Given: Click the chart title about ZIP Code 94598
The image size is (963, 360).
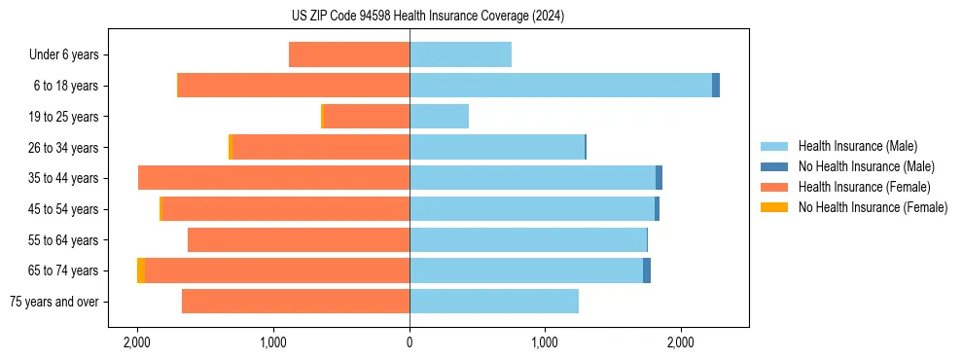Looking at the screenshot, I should coord(427,16).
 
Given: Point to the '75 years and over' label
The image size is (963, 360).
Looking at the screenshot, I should coord(54,302).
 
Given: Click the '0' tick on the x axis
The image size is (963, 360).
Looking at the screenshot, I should coord(410,342).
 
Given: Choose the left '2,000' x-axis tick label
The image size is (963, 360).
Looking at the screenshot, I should coord(137,342).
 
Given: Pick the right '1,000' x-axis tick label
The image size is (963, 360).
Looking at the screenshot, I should coord(545,342).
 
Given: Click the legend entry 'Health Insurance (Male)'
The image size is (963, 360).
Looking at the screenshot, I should coord(857,146).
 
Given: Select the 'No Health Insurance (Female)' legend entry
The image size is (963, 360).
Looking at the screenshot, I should coord(873,207).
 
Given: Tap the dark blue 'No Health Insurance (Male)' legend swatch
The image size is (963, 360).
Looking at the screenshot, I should coord(774,166).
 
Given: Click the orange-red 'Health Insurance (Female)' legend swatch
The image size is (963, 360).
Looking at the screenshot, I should coord(774,187).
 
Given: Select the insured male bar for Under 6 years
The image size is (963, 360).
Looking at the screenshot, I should coord(460,55).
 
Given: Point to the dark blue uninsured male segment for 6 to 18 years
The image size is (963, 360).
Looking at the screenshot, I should coord(716,86).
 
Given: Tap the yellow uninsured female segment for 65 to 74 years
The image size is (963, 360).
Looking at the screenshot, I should coord(141,270).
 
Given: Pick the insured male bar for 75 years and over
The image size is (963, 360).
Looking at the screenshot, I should coord(494,302).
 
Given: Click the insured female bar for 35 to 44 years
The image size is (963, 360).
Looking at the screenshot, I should coord(273,178).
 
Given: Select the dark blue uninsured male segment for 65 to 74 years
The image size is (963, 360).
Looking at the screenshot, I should coord(647,270).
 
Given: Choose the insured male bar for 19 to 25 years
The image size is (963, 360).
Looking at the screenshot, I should coord(439,117).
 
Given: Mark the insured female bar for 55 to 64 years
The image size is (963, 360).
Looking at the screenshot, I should coord(299,240).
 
